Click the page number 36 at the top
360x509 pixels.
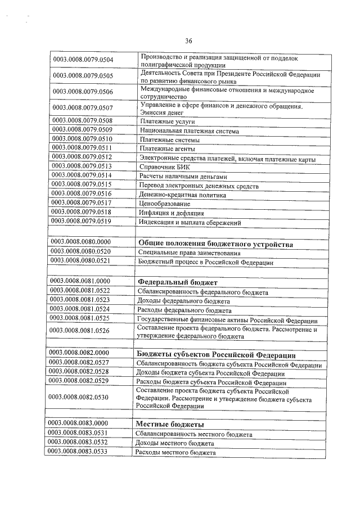pos(188,40)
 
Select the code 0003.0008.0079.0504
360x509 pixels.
pos(83,60)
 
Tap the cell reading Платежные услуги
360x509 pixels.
pos(167,121)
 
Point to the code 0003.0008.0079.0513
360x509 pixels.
pos(82,166)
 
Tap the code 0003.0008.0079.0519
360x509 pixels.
pos(81,222)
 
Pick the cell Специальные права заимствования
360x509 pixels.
pos(189,253)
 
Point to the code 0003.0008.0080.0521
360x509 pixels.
pos(80,262)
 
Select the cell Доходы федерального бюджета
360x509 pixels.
pos(186,301)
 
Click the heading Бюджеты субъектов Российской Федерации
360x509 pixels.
pos(216,355)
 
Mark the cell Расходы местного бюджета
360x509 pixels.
pos(175,452)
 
